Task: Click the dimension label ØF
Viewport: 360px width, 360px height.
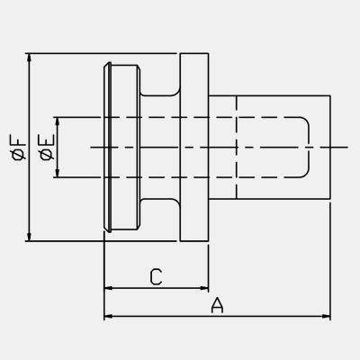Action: click(x=18, y=147)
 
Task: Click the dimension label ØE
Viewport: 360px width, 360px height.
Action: click(x=47, y=147)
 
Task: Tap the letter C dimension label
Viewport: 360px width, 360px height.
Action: click(x=156, y=276)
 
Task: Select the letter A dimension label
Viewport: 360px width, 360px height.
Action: click(x=217, y=305)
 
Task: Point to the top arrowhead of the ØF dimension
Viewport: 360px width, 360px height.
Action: click(x=29, y=58)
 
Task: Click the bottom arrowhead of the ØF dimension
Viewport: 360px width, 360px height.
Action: click(x=29, y=237)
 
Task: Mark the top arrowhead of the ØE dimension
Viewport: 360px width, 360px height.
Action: click(x=58, y=121)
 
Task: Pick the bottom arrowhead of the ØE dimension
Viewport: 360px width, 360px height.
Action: click(x=58, y=173)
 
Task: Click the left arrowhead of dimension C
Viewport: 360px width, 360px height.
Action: click(x=108, y=288)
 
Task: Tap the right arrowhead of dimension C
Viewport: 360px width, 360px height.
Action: click(x=204, y=288)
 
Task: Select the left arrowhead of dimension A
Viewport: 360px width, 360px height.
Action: click(x=108, y=316)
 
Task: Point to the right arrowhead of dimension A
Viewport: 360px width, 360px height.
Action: click(x=326, y=316)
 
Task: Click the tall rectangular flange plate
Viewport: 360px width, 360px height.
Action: click(x=194, y=147)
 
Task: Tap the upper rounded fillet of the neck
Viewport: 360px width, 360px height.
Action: click(x=176, y=92)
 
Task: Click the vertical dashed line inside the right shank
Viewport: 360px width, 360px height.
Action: click(x=237, y=147)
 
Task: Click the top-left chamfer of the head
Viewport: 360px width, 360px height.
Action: click(x=107, y=65)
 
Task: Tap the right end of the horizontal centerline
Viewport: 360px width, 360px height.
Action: click(x=348, y=148)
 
